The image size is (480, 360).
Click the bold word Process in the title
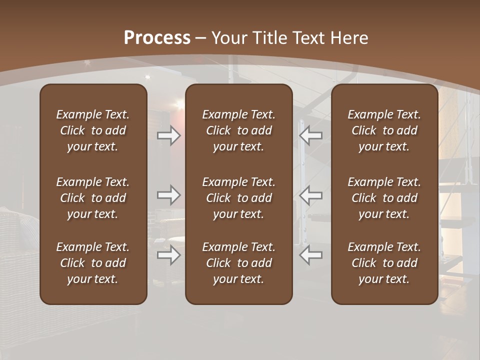157,38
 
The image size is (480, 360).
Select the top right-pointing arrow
168,135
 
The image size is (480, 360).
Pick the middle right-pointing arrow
168,194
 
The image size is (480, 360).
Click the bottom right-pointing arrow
168,255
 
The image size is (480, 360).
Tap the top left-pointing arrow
311,135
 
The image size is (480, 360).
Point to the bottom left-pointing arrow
311,255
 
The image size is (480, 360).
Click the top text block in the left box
93,130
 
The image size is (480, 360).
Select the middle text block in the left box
93,198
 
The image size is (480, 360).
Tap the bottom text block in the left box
93,263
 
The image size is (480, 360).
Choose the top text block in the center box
239,130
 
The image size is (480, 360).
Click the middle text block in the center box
239,198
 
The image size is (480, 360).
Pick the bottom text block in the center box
239,263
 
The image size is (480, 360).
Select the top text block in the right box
384,130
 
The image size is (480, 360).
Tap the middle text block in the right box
384,198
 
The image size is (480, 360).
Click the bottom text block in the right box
384,263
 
